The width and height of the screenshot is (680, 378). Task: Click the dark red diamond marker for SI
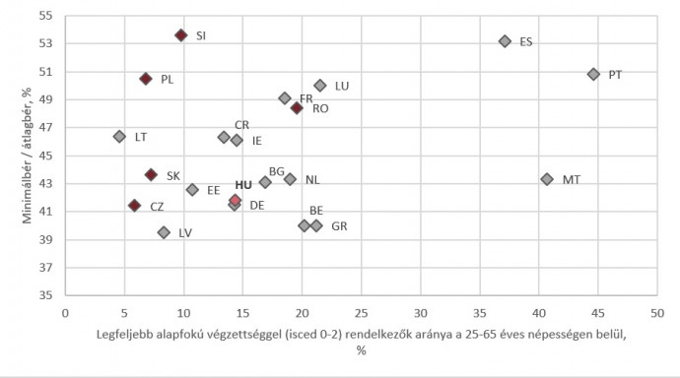click(x=181, y=34)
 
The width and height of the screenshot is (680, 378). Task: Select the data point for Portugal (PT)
click(x=593, y=74)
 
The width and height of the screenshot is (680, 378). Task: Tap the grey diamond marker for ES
click(x=505, y=41)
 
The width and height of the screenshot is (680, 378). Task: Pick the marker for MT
click(x=547, y=179)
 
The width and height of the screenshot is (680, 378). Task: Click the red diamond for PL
click(x=146, y=79)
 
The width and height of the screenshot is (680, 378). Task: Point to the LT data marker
click(x=119, y=137)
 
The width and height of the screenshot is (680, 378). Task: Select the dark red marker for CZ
click(x=134, y=206)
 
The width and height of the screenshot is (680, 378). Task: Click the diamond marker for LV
click(x=164, y=232)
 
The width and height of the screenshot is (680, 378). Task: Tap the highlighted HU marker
click(x=236, y=200)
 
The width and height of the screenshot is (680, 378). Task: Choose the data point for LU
click(x=320, y=86)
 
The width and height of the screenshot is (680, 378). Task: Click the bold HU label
click(x=243, y=185)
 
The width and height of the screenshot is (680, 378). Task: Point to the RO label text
click(x=320, y=108)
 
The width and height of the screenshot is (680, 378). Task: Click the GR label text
click(x=339, y=226)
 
